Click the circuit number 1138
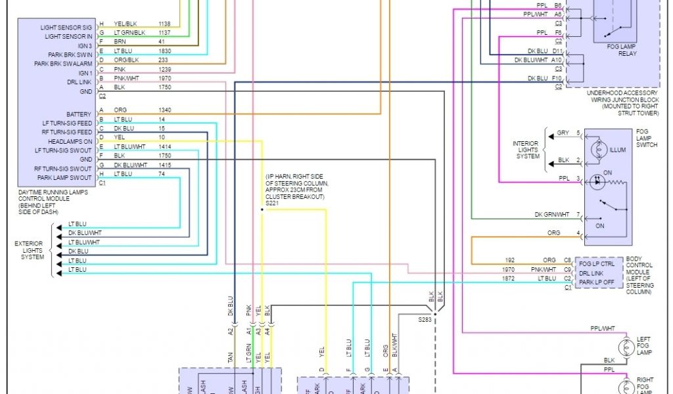(164, 23)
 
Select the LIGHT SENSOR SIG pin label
(66, 28)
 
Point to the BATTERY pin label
(79, 114)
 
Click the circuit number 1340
(164, 110)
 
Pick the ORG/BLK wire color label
(126, 60)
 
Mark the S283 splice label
(426, 319)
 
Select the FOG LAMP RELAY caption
(622, 51)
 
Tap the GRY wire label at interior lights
(563, 133)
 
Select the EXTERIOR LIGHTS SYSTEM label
(30, 250)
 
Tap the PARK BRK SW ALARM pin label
(63, 64)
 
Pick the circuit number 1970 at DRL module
(164, 78)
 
